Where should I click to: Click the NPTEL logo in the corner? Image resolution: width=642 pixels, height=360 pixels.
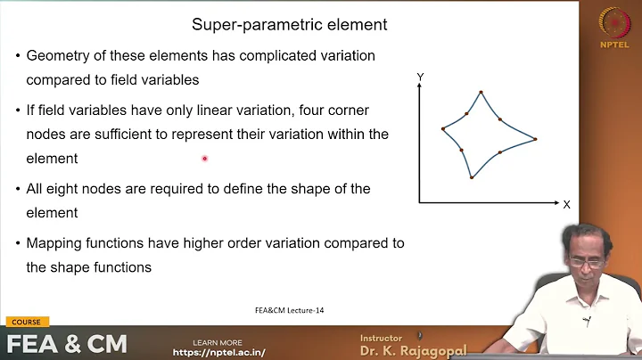click(614, 26)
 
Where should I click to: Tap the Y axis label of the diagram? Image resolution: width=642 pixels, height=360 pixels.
click(420, 79)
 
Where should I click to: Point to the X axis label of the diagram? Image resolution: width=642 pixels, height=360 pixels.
click(566, 204)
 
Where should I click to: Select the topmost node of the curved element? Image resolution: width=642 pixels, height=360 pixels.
click(481, 92)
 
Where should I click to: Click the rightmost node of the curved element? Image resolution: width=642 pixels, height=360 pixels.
click(536, 138)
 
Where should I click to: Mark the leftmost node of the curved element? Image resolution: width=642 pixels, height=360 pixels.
click(443, 129)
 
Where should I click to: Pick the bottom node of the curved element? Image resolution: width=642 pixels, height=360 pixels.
click(472, 177)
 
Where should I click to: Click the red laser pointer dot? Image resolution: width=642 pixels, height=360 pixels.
click(204, 159)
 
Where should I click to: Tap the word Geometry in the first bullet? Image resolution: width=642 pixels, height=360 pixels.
click(59, 55)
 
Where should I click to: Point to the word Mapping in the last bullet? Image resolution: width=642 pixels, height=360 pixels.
click(55, 243)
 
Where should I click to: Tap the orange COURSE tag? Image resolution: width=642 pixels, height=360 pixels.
click(25, 322)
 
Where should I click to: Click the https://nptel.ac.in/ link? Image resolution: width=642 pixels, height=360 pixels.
click(218, 352)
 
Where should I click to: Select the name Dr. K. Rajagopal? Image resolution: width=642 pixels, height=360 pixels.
click(413, 350)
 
